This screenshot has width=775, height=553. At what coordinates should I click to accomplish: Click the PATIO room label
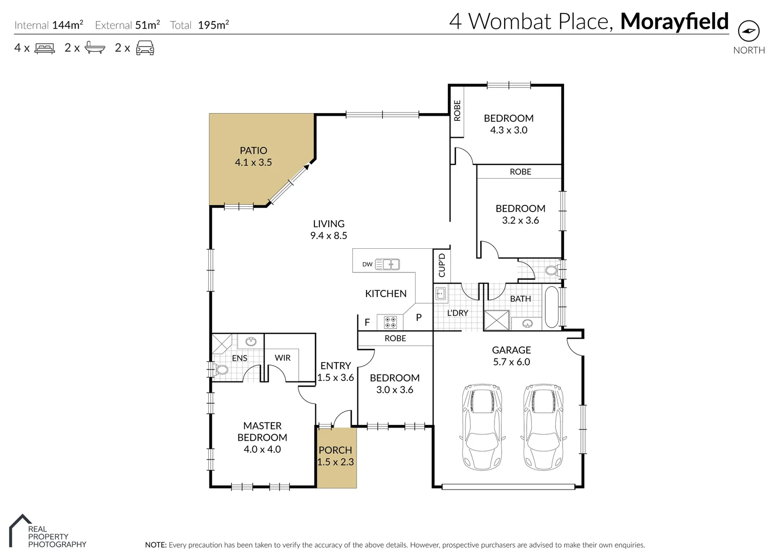(253, 151)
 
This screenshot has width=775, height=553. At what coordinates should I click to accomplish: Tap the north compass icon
(748, 32)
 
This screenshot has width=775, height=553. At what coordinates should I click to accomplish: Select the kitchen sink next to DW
(387, 264)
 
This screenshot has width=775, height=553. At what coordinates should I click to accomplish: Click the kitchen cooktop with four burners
(390, 322)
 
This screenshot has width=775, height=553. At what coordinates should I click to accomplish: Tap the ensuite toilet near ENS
(221, 369)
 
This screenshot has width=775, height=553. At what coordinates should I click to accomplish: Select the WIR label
(283, 358)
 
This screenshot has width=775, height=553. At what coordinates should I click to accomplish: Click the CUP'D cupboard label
(442, 265)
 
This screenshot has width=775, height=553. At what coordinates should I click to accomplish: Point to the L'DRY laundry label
(458, 313)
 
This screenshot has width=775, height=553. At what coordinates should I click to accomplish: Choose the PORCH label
(335, 450)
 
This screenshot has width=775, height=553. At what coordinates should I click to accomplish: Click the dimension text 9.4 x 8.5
(329, 236)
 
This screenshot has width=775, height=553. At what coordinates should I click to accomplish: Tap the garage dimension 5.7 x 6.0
(511, 362)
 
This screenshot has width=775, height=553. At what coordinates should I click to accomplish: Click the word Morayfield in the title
(674, 22)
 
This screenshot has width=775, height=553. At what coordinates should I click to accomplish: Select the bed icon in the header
(45, 48)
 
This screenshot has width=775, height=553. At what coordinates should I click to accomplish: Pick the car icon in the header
(145, 48)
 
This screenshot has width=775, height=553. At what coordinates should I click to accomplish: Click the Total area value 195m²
(213, 25)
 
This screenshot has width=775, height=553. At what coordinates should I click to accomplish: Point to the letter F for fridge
(367, 323)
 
